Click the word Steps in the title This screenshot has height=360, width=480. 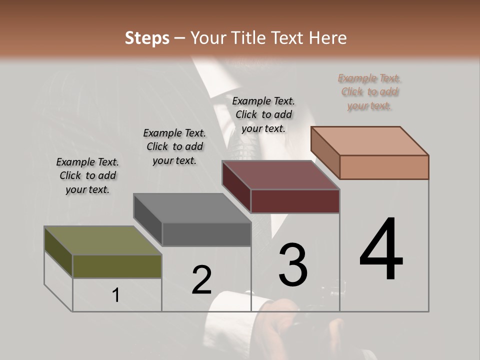click(146, 38)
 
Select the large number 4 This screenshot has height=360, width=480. click(381, 250)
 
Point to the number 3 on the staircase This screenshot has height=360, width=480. click(293, 265)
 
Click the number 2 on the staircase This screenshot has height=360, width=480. click(202, 280)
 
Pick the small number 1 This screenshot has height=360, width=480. click(116, 295)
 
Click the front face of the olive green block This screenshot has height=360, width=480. click(117, 266)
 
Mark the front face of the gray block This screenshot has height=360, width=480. click(206, 234)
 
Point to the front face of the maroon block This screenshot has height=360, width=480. click(295, 201)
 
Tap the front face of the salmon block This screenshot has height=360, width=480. click(384, 167)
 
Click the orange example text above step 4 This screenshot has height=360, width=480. click(369, 92)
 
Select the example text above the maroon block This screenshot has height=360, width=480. click(263, 114)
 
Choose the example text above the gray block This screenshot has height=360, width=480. click(174, 146)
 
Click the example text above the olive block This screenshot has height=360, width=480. click(87, 175)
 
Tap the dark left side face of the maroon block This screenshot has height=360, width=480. click(236, 186)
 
